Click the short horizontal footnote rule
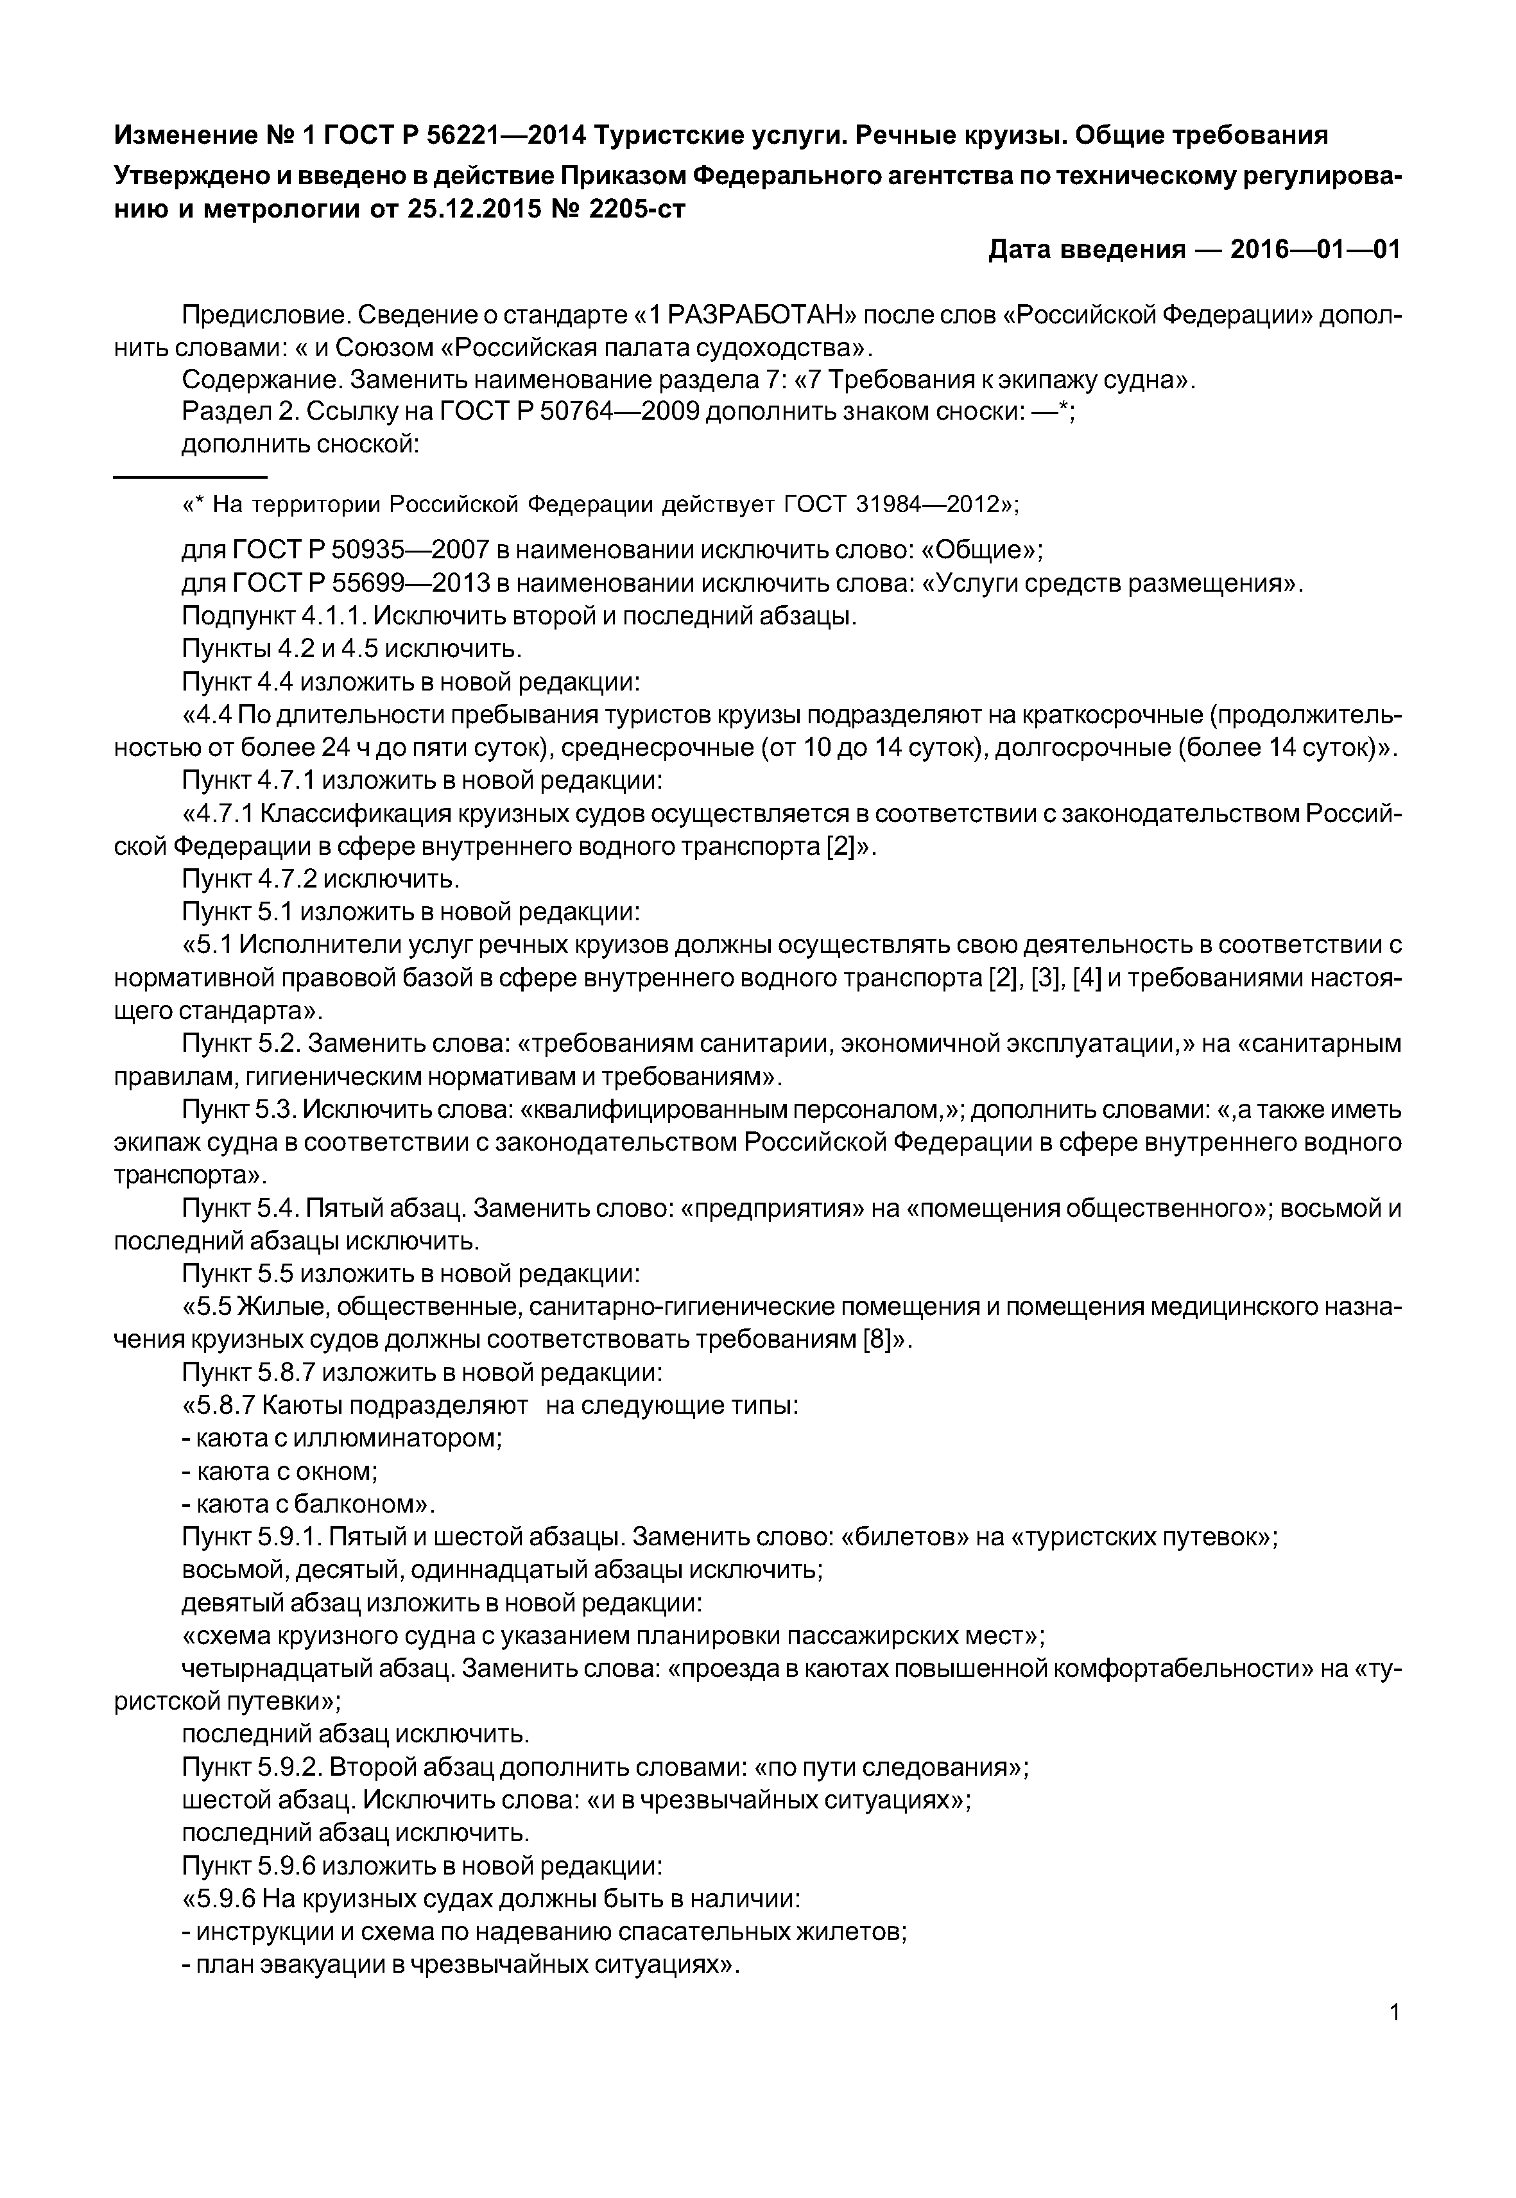190,475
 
